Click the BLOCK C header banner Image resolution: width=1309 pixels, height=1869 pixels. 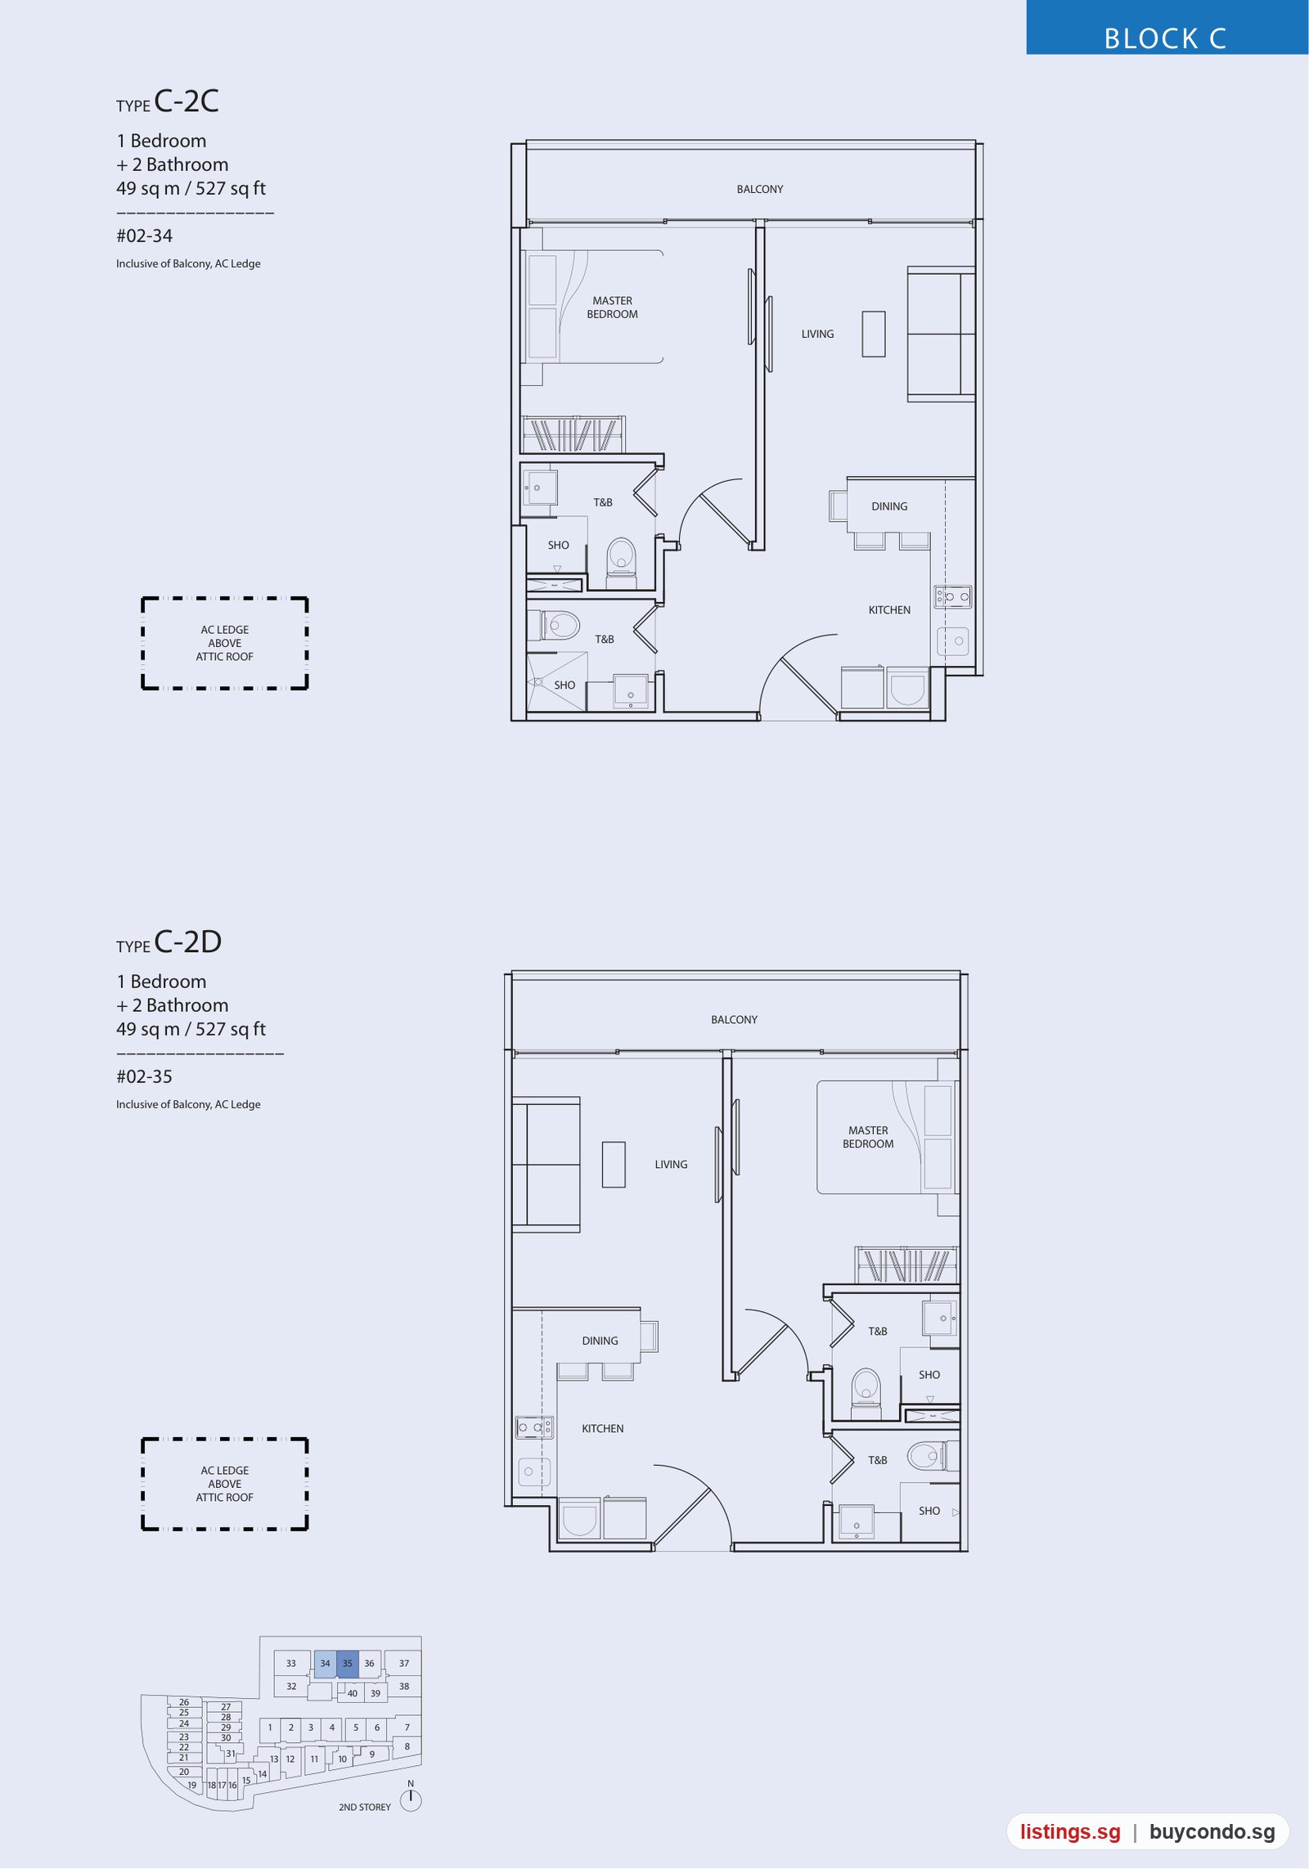tap(1167, 28)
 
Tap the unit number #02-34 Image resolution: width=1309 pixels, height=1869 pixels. tap(144, 236)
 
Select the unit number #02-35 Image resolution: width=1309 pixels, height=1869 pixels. tap(144, 1077)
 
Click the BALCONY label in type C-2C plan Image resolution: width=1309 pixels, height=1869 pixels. tap(759, 189)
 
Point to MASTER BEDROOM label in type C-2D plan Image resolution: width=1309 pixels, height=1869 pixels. tap(868, 1137)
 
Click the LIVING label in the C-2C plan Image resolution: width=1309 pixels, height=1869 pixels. tap(817, 334)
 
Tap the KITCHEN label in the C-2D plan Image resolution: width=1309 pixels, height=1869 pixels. tap(602, 1428)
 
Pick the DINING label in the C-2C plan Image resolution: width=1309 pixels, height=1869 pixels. tap(889, 506)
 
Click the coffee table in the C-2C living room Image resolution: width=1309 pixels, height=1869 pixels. tap(873, 334)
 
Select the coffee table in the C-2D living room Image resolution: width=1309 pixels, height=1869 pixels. tap(614, 1164)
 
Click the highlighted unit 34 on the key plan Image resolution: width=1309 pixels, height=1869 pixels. tap(325, 1663)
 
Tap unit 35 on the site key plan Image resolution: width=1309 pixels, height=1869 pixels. tap(348, 1663)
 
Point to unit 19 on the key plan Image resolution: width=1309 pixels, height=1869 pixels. tap(192, 1785)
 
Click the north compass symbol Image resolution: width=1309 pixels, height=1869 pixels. tap(411, 1799)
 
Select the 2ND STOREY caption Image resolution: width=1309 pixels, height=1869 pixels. tap(365, 1807)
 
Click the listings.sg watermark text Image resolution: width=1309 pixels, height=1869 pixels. tap(1070, 1832)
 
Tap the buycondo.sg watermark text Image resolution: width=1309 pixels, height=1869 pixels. tap(1212, 1832)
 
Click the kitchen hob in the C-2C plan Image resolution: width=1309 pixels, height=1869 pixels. tap(953, 596)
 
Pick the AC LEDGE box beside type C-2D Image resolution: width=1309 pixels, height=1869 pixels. tap(225, 1484)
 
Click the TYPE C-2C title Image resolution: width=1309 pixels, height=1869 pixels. tap(168, 101)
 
